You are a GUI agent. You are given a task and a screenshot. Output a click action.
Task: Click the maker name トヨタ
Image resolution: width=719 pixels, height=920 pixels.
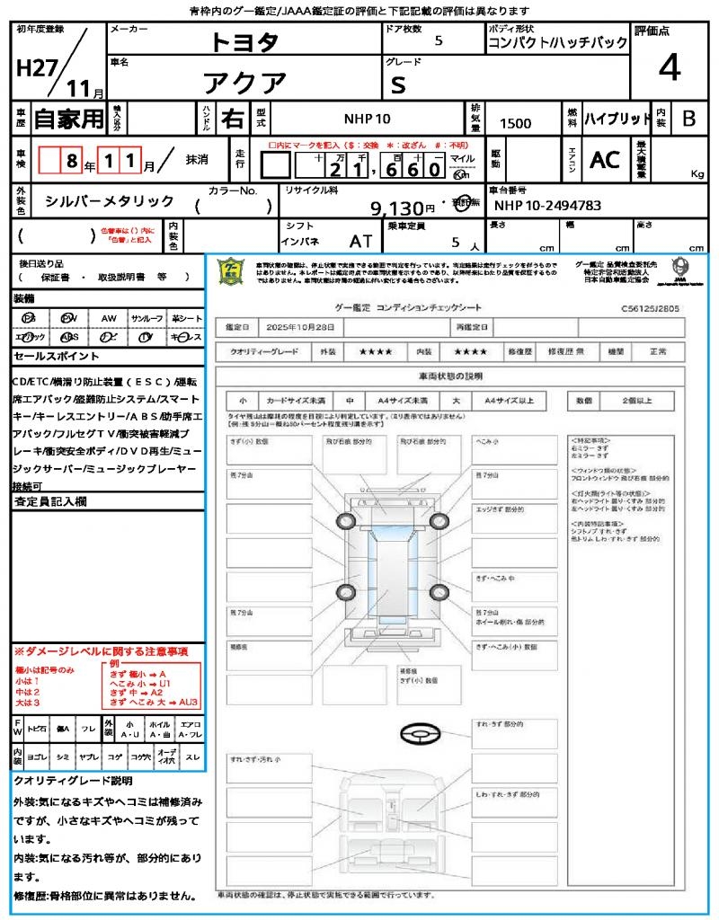tap(244, 42)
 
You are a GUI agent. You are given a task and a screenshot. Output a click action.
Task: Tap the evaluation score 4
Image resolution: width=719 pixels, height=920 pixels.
tap(669, 66)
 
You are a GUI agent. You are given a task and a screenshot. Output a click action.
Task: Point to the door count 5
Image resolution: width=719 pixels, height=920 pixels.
tap(439, 40)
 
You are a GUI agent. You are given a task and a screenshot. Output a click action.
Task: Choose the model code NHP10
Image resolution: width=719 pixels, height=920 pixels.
tap(367, 119)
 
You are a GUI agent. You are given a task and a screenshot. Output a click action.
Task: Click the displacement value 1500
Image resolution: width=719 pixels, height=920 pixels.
tap(515, 123)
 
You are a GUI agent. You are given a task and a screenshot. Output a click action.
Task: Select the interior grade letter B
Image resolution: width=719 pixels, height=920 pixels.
tap(688, 119)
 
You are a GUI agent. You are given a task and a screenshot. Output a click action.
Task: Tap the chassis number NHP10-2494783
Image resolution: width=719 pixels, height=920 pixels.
tap(547, 206)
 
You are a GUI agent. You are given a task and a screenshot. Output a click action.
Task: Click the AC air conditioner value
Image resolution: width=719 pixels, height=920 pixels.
tap(605, 160)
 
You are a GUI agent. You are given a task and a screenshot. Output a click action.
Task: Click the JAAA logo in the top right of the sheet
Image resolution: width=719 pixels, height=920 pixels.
tap(680, 269)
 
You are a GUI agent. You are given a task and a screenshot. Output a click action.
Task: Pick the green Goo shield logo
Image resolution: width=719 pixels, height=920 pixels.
tap(231, 270)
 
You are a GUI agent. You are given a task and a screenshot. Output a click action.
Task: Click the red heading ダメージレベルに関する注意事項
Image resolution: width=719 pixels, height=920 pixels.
tap(101, 650)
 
